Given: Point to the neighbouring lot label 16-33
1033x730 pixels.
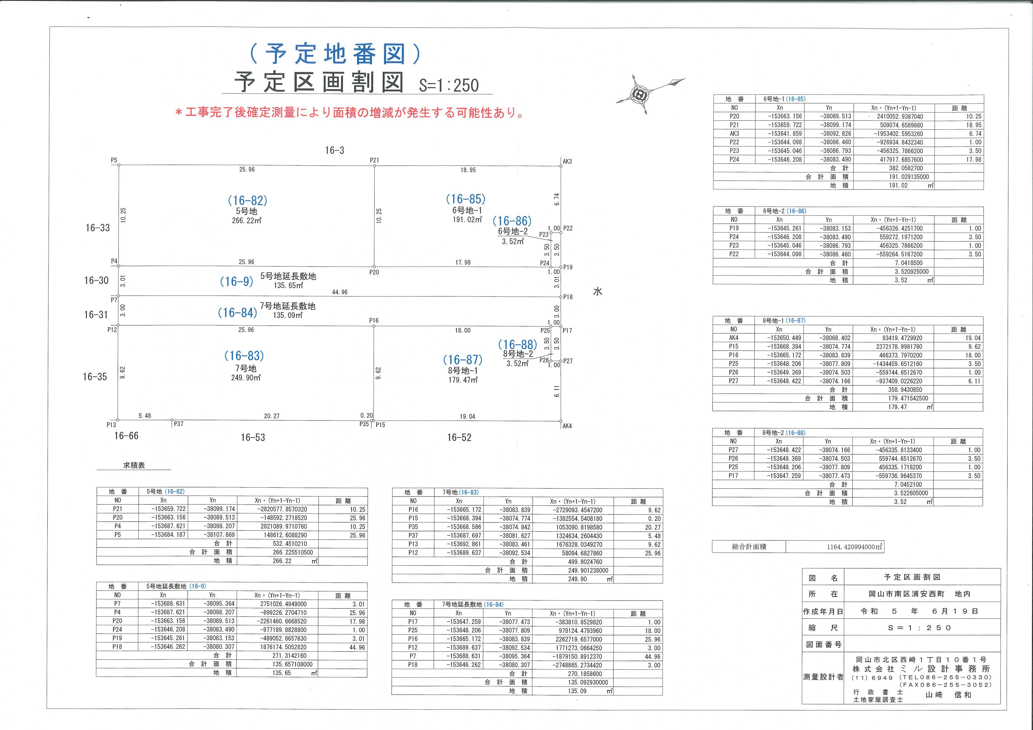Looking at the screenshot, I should point(98,228).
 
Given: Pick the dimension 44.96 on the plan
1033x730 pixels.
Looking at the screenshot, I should point(340,292).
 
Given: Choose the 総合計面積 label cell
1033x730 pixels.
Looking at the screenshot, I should point(749,547).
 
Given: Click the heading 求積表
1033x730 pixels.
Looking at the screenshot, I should point(134,465).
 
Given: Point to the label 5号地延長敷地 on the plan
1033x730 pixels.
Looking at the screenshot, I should point(288,276).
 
